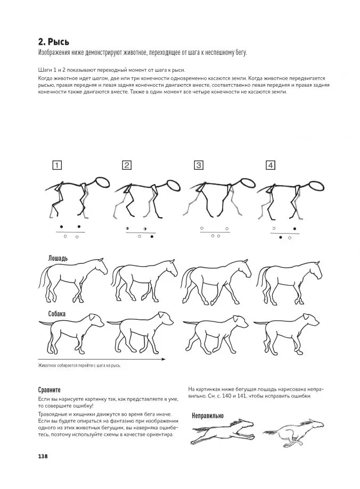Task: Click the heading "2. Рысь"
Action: [54, 42]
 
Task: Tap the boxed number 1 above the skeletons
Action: [57, 165]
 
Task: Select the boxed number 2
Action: [127, 165]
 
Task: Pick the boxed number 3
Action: [199, 165]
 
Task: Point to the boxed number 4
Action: [271, 165]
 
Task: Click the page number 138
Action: [43, 456]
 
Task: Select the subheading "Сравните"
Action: [50, 389]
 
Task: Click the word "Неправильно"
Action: [207, 415]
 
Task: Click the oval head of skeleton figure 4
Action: [317, 186]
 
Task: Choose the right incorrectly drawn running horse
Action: [293, 430]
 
